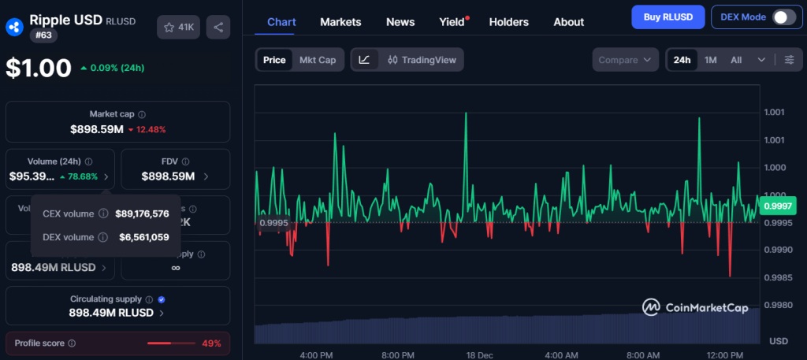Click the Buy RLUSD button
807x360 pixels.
pyautogui.click(x=668, y=17)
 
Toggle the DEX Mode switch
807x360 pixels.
pyautogui.click(x=783, y=17)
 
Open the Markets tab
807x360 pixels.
pyautogui.click(x=340, y=22)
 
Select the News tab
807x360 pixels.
pyautogui.click(x=400, y=22)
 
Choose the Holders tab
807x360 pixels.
pyautogui.click(x=509, y=22)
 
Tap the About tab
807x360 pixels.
pyautogui.click(x=568, y=22)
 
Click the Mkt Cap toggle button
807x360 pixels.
pyautogui.click(x=317, y=60)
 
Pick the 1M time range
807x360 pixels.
pyautogui.click(x=710, y=60)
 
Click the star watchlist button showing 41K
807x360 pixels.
pyautogui.click(x=178, y=27)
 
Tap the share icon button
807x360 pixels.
pyautogui.click(x=218, y=27)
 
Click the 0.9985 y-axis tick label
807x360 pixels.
pyautogui.click(x=778, y=277)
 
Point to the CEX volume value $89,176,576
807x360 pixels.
pyautogui.click(x=142, y=213)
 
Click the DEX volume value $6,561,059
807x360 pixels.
pyautogui.click(x=143, y=237)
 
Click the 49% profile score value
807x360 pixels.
pyautogui.click(x=211, y=343)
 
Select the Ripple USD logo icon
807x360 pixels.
pyautogui.click(x=13, y=27)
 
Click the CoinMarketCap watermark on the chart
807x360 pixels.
pyautogui.click(x=694, y=307)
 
